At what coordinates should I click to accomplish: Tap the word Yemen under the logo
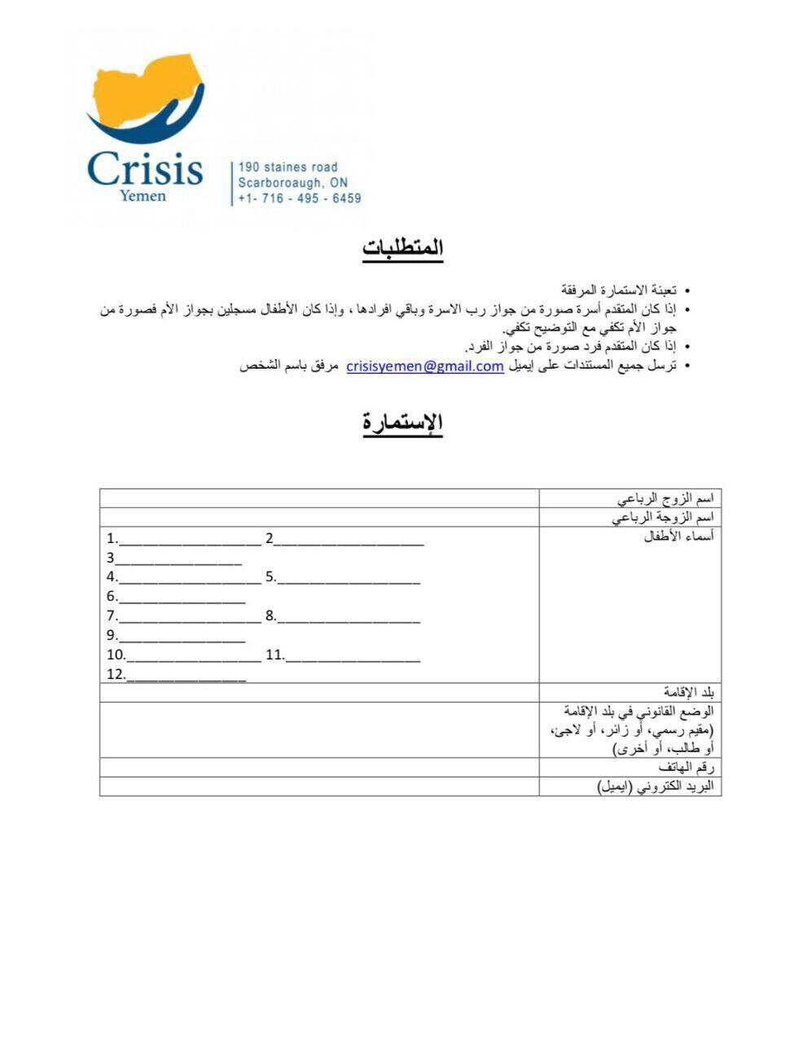tap(143, 196)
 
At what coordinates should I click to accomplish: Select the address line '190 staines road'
tap(288, 167)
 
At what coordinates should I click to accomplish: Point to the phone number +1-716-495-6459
tap(300, 198)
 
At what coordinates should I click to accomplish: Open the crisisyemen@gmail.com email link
tap(424, 366)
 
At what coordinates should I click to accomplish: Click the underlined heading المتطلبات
tap(403, 247)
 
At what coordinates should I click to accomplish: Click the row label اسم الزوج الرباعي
tap(665, 498)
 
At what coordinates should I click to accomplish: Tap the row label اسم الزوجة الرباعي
tap(662, 518)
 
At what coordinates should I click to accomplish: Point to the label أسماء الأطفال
tap(678, 537)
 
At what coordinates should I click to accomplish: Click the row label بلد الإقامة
tap(687, 693)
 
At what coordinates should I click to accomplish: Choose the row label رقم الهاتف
tap(686, 768)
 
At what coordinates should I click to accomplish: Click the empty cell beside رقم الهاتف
tap(318, 768)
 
